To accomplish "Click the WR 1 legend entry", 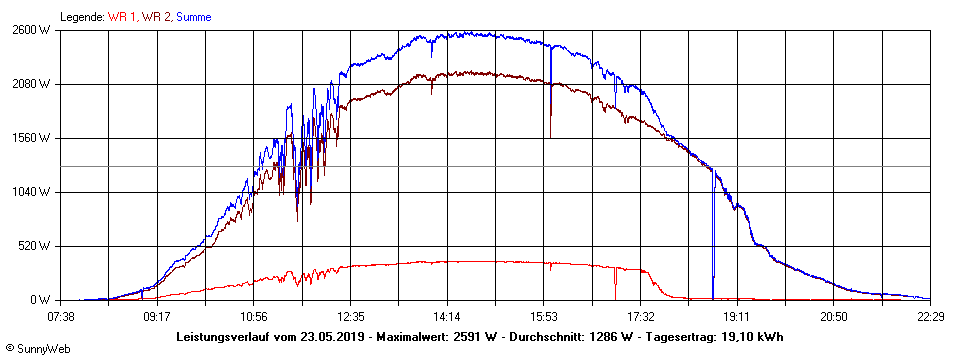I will click(x=121, y=17).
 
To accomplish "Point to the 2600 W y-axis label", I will click(x=31, y=30).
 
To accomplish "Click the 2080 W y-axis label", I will click(x=31, y=84).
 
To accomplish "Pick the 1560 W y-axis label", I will click(x=31, y=138).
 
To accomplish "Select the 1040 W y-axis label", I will click(x=31, y=192).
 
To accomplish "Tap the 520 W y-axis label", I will click(x=34, y=246).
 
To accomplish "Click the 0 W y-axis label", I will click(x=41, y=300).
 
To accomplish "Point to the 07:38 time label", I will click(x=62, y=317).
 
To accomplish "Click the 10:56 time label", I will click(x=254, y=317).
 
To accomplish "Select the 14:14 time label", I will click(x=447, y=317).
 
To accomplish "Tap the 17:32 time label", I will click(x=640, y=317).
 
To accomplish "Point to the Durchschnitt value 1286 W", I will click(x=609, y=337).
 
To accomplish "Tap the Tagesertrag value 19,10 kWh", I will click(x=752, y=337).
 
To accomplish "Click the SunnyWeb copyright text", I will click(x=37, y=349).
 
